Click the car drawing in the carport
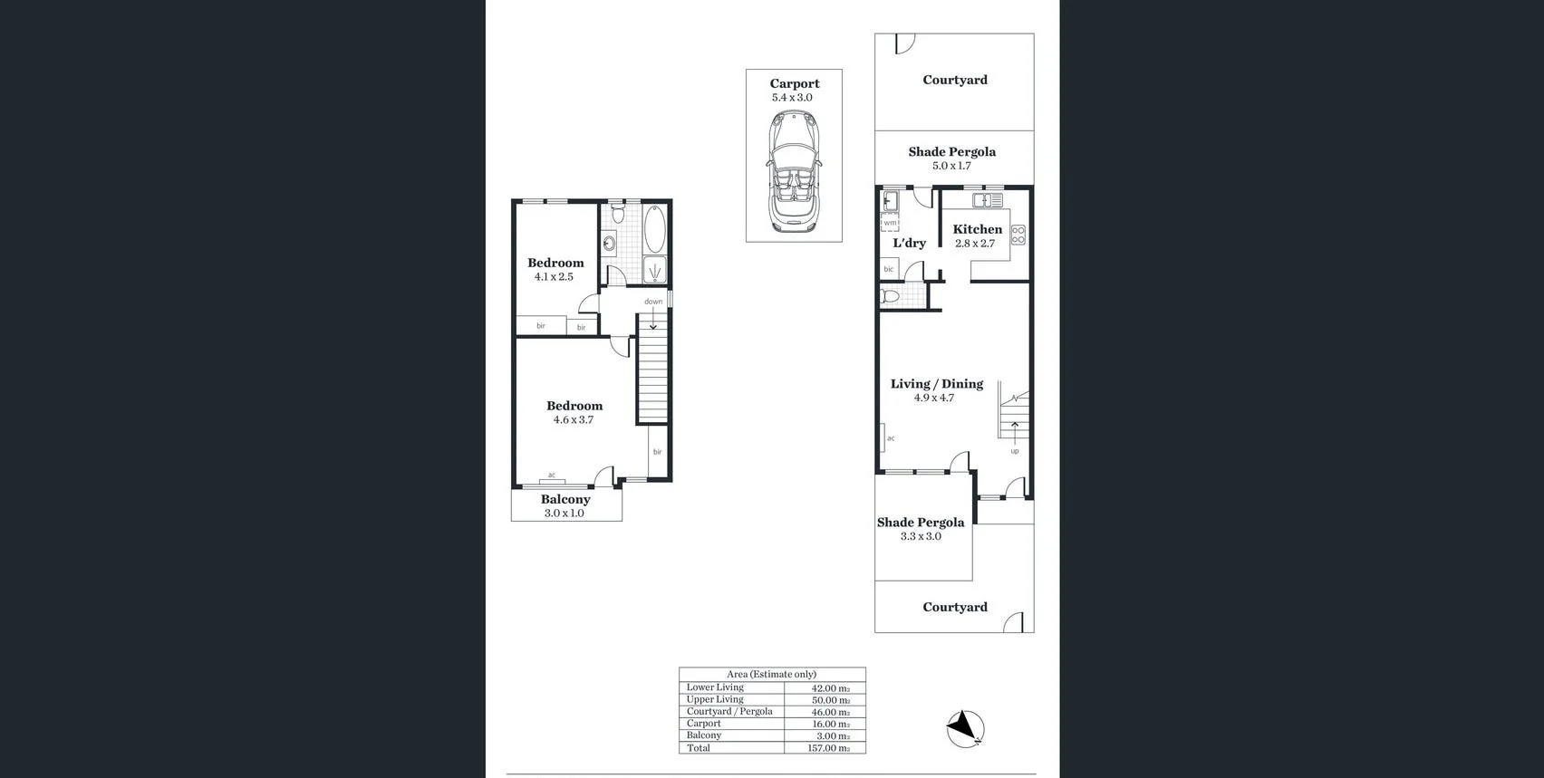pos(794,172)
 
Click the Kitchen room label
pos(977,229)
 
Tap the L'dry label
pos(909,243)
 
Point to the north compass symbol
pos(965,728)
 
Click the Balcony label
pos(565,499)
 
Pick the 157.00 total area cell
pos(827,748)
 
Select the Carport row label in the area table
pos(704,724)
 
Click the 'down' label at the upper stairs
pos(653,302)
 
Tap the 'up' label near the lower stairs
pos(1014,451)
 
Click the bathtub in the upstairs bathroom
pos(654,229)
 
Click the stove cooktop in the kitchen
pos(1018,235)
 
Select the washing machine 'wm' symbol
pos(890,223)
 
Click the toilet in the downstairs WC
pos(890,296)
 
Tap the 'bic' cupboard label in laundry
pos(888,269)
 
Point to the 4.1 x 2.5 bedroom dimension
pos(554,277)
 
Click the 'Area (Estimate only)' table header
pos(771,674)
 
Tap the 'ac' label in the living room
pos(891,438)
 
